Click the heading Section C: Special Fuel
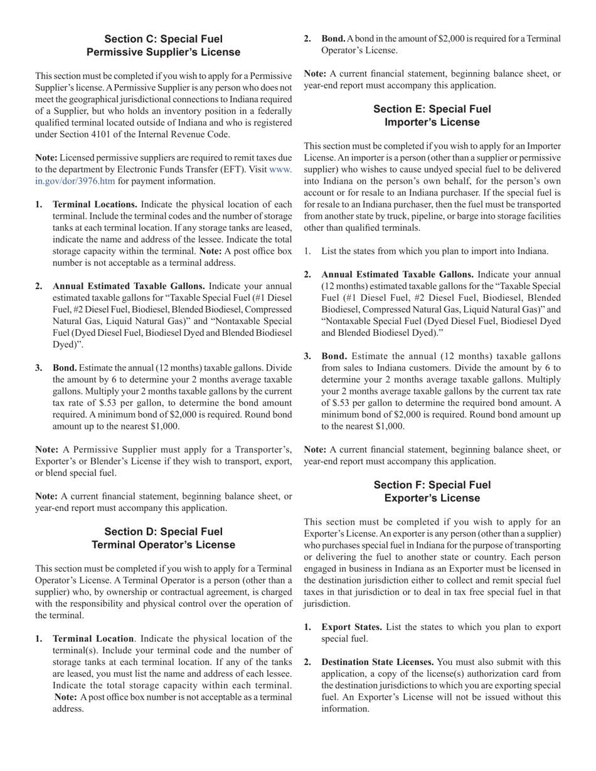(x=163, y=39)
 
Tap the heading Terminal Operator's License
(x=163, y=545)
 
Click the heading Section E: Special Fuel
(x=432, y=109)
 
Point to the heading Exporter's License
(x=432, y=498)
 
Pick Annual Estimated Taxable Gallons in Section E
(x=397, y=275)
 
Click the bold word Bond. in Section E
(x=334, y=356)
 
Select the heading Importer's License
(x=432, y=122)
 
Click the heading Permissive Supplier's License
(x=163, y=52)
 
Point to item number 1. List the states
(x=307, y=251)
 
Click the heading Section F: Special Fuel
(x=432, y=485)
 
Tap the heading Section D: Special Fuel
(x=163, y=532)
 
